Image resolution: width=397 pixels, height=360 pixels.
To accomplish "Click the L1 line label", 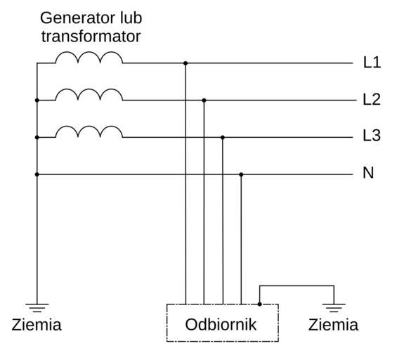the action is point(372,63).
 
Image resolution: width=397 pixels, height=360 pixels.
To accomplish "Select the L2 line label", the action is point(372,100).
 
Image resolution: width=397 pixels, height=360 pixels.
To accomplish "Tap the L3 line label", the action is point(372,136).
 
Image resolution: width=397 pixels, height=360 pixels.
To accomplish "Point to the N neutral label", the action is point(368,173).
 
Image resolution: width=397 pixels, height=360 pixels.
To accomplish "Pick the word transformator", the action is point(91,37).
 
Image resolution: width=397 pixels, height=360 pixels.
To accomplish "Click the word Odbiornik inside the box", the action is point(221,325).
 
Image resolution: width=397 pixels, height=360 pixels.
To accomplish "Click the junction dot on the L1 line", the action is point(186,63).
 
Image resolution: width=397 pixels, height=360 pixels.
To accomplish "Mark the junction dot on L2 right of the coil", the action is point(204,101).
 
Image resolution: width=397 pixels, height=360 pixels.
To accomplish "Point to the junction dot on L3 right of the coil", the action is point(223,137).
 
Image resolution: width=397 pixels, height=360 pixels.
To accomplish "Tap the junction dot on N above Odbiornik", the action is point(241,174).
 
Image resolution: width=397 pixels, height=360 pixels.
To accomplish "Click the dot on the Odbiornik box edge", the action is point(259,304).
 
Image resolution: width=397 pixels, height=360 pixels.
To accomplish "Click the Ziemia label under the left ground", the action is point(37,325).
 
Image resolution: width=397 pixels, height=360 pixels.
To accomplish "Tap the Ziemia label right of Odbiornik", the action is point(333,325).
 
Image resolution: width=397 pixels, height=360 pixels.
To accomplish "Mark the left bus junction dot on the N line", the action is point(37,174).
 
